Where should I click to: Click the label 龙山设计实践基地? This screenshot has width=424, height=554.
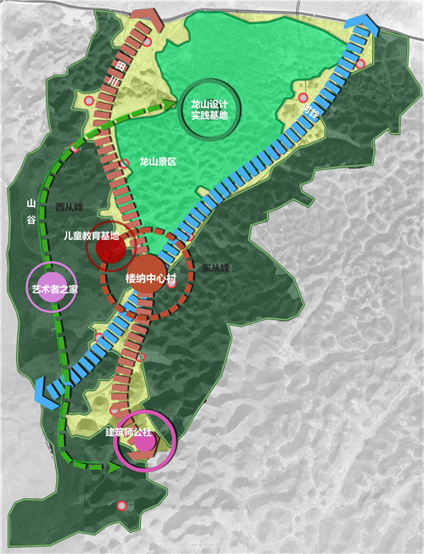[x=209, y=109]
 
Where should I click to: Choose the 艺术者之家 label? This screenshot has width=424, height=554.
[x=49, y=289]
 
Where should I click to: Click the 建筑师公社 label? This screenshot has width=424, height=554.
[x=131, y=432]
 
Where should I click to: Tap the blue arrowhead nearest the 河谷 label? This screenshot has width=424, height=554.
[x=363, y=28]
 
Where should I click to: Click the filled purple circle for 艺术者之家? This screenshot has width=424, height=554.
[x=47, y=283]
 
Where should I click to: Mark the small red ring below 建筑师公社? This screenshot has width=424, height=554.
[x=122, y=506]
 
